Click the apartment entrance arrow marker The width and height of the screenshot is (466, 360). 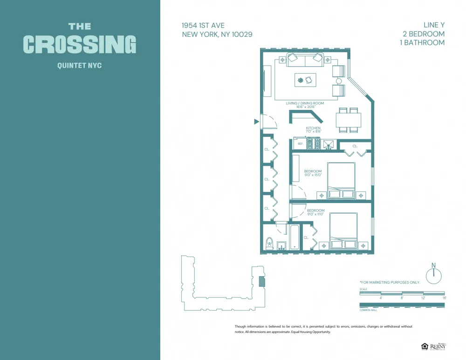[x=256, y=122]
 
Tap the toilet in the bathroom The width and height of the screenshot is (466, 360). [x=269, y=243]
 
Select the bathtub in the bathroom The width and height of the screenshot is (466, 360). [x=295, y=238]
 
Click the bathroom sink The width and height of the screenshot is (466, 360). [x=281, y=245]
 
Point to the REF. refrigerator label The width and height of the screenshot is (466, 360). [x=301, y=144]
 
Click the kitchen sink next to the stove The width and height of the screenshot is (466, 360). [x=329, y=144]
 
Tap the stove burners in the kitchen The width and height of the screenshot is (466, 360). [x=314, y=144]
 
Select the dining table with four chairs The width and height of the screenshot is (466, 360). [x=348, y=120]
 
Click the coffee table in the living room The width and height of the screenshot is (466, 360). [x=305, y=80]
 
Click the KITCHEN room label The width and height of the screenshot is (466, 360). [x=313, y=128]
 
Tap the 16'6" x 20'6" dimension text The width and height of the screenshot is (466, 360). [x=305, y=107]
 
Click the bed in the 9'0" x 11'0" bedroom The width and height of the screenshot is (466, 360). [x=344, y=231]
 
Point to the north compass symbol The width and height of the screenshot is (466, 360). [x=434, y=274]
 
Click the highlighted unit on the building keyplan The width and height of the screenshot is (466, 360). [x=261, y=281]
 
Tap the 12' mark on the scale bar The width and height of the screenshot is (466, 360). [x=423, y=298]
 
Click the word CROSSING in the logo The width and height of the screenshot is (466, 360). [x=80, y=45]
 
